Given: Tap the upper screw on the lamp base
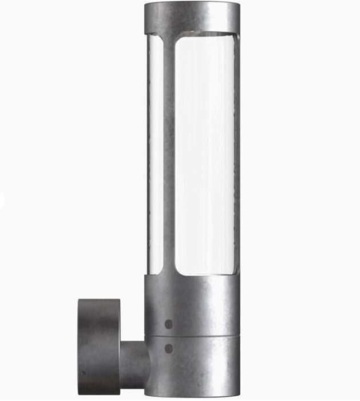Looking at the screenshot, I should (x=168, y=324).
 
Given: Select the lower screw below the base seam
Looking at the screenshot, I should (x=168, y=347).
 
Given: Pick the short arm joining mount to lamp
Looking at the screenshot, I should (x=132, y=361).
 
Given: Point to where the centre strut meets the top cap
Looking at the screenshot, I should (x=168, y=39).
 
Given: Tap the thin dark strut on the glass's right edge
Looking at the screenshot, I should (x=236, y=155).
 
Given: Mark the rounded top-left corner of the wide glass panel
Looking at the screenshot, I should (x=179, y=41).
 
